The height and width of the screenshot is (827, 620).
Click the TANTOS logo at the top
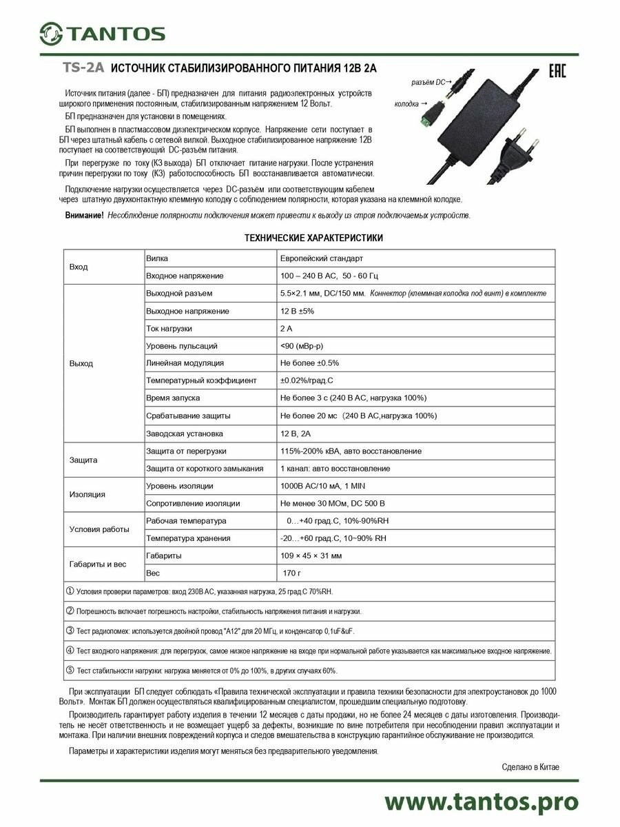(x=102, y=32)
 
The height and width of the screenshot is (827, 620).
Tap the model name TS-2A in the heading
(x=83, y=68)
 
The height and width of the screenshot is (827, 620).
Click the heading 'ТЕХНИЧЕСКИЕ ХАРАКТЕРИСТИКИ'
(x=314, y=238)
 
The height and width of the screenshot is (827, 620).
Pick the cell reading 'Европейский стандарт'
(x=322, y=258)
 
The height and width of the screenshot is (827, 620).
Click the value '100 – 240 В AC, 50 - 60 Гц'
(x=329, y=276)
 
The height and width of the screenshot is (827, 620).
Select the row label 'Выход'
(x=81, y=363)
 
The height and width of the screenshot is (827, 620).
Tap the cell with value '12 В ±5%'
(x=297, y=311)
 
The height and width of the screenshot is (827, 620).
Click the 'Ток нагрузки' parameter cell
(x=169, y=329)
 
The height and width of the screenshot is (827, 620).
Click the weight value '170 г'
(x=292, y=573)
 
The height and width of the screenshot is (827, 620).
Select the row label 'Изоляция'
(x=87, y=494)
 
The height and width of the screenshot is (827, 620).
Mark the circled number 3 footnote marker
(x=70, y=630)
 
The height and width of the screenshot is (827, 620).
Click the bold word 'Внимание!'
(x=85, y=216)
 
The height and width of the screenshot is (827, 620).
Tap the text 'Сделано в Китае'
(x=530, y=767)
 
